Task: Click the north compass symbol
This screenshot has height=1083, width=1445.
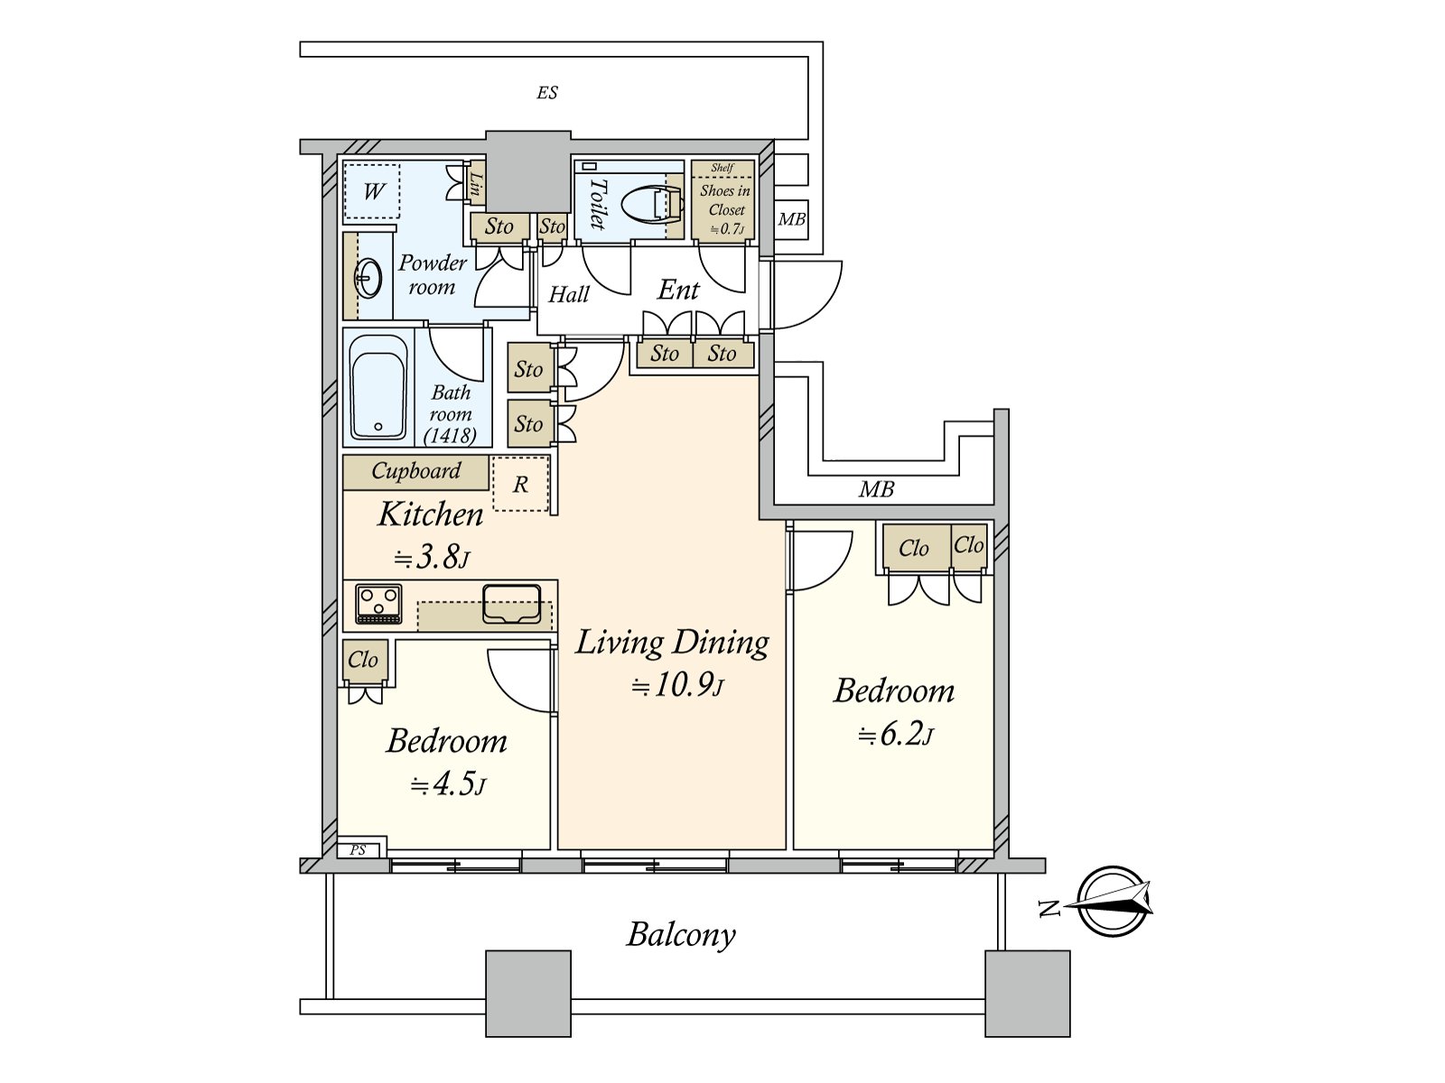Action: coord(1114,901)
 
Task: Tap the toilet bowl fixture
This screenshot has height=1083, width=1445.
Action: coord(649,204)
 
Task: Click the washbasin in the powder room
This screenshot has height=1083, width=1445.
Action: coord(368,278)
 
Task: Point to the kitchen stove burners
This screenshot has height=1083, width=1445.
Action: coord(378,604)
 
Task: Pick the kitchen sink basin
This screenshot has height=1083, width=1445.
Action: coord(511,603)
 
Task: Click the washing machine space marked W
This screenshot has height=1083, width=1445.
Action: coord(373,191)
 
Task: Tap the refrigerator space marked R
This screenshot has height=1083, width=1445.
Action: coord(521,484)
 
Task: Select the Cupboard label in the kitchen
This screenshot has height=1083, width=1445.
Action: coord(416,471)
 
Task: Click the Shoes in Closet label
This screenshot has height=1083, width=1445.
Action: coord(725,200)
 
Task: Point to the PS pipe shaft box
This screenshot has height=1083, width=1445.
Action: coord(358,850)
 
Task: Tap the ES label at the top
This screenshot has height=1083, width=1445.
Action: coord(547,93)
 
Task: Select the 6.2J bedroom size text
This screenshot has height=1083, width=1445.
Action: coord(895,735)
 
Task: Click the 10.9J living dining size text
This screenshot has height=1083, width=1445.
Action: coord(677,686)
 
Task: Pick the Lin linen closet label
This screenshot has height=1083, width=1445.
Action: coord(475,183)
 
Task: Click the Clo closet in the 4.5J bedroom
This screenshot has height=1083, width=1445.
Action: coord(363,660)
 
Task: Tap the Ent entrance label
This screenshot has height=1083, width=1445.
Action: coord(679,290)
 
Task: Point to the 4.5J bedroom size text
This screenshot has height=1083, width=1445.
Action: coord(448,785)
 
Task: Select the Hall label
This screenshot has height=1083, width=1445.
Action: coord(569,294)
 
